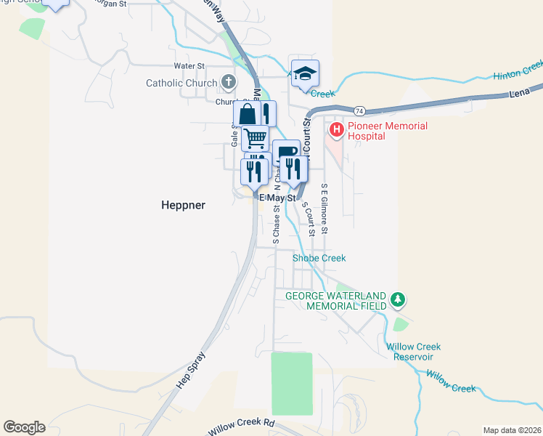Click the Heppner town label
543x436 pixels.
pyautogui.click(x=183, y=206)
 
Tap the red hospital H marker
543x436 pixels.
pyautogui.click(x=337, y=130)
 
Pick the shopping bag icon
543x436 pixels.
pyautogui.click(x=247, y=115)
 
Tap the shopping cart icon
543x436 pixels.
pyautogui.click(x=255, y=137)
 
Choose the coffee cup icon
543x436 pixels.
pyautogui.click(x=287, y=153)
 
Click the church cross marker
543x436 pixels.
pyautogui.click(x=229, y=83)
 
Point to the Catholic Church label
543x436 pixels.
pyautogui.click(x=181, y=83)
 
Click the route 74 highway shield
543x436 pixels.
pyautogui.click(x=359, y=110)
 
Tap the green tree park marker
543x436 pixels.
pyautogui.click(x=397, y=299)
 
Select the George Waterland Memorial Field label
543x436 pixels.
pyautogui.click(x=337, y=301)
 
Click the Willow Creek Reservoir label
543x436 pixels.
pyautogui.click(x=410, y=352)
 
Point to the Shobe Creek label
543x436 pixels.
pyautogui.click(x=319, y=258)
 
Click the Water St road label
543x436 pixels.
pyautogui.click(x=190, y=66)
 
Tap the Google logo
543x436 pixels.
pyautogui.click(x=24, y=427)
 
